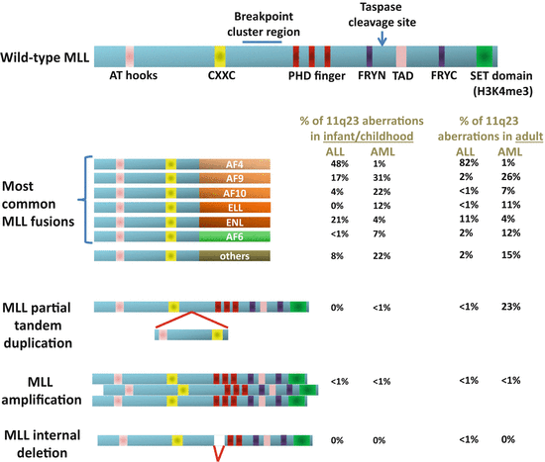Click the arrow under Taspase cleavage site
pyautogui.click(x=383, y=36)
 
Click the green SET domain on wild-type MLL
pyautogui.click(x=486, y=55)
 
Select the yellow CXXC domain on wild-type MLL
pyautogui.click(x=220, y=55)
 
